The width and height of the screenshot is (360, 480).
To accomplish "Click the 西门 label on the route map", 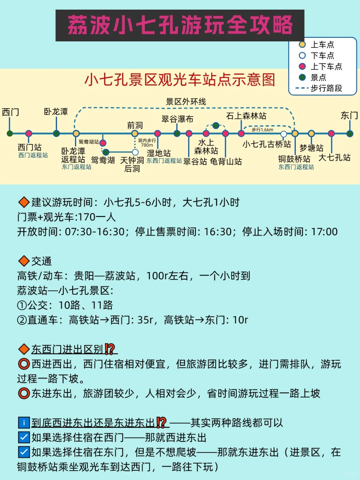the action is [x=10, y=112].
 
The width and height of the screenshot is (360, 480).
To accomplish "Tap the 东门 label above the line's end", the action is [x=349, y=115].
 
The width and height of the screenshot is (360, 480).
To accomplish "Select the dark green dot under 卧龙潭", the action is [x=56, y=133].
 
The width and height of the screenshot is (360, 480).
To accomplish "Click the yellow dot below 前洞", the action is [x=135, y=133].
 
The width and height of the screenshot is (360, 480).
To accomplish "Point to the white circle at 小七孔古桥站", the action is [x=284, y=134].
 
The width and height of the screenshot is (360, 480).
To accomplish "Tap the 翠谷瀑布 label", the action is [x=177, y=119].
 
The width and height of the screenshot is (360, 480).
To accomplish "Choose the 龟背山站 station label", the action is [x=226, y=162].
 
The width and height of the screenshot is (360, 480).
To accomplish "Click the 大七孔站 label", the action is [x=334, y=157].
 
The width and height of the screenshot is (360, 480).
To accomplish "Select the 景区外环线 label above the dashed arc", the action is [x=186, y=102].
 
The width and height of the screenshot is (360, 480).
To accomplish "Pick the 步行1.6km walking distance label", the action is [x=262, y=130].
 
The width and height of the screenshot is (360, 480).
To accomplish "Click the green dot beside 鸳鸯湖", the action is [x=106, y=152].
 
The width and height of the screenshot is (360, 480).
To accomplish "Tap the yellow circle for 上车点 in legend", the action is [x=302, y=44].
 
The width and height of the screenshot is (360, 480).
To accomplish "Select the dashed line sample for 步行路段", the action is [x=302, y=88].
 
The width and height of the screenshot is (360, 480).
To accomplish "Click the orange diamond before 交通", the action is [x=24, y=261].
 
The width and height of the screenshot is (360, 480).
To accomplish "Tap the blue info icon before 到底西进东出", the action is [x=24, y=423].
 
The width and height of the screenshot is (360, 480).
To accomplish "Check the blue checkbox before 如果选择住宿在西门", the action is [x=24, y=437].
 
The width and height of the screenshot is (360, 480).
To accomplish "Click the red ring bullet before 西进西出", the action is [x=24, y=364].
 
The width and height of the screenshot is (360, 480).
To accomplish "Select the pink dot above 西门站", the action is [x=29, y=133].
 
